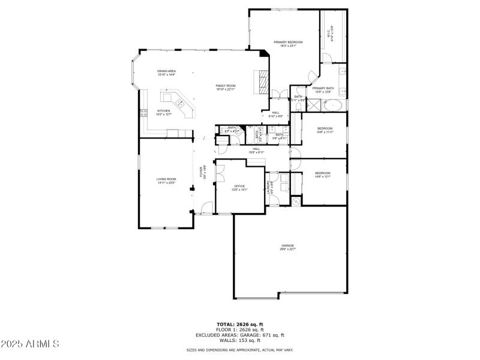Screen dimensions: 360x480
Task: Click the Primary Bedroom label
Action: tap(288, 43)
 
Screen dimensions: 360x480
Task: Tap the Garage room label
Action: tap(287, 247)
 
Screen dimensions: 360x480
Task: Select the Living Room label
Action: tap(166, 181)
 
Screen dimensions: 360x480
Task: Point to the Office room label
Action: tap(239, 188)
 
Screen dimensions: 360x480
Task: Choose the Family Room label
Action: tap(226, 88)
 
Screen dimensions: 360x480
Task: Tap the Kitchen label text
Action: tap(164, 112)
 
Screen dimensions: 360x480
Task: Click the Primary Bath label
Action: tap(323, 90)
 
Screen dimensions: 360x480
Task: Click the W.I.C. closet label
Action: tap(330, 35)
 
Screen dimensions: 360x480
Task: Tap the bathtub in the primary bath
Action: tap(332, 105)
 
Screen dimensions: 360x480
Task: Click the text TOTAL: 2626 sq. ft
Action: tap(240, 325)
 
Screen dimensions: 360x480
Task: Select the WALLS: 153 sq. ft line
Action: tap(240, 341)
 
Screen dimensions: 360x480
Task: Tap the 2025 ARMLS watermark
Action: tap(30, 344)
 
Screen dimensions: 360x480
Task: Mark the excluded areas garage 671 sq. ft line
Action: tap(240, 335)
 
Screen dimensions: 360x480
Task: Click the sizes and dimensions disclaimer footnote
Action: tap(240, 349)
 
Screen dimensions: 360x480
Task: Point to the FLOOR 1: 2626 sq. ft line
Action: tap(240, 330)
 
